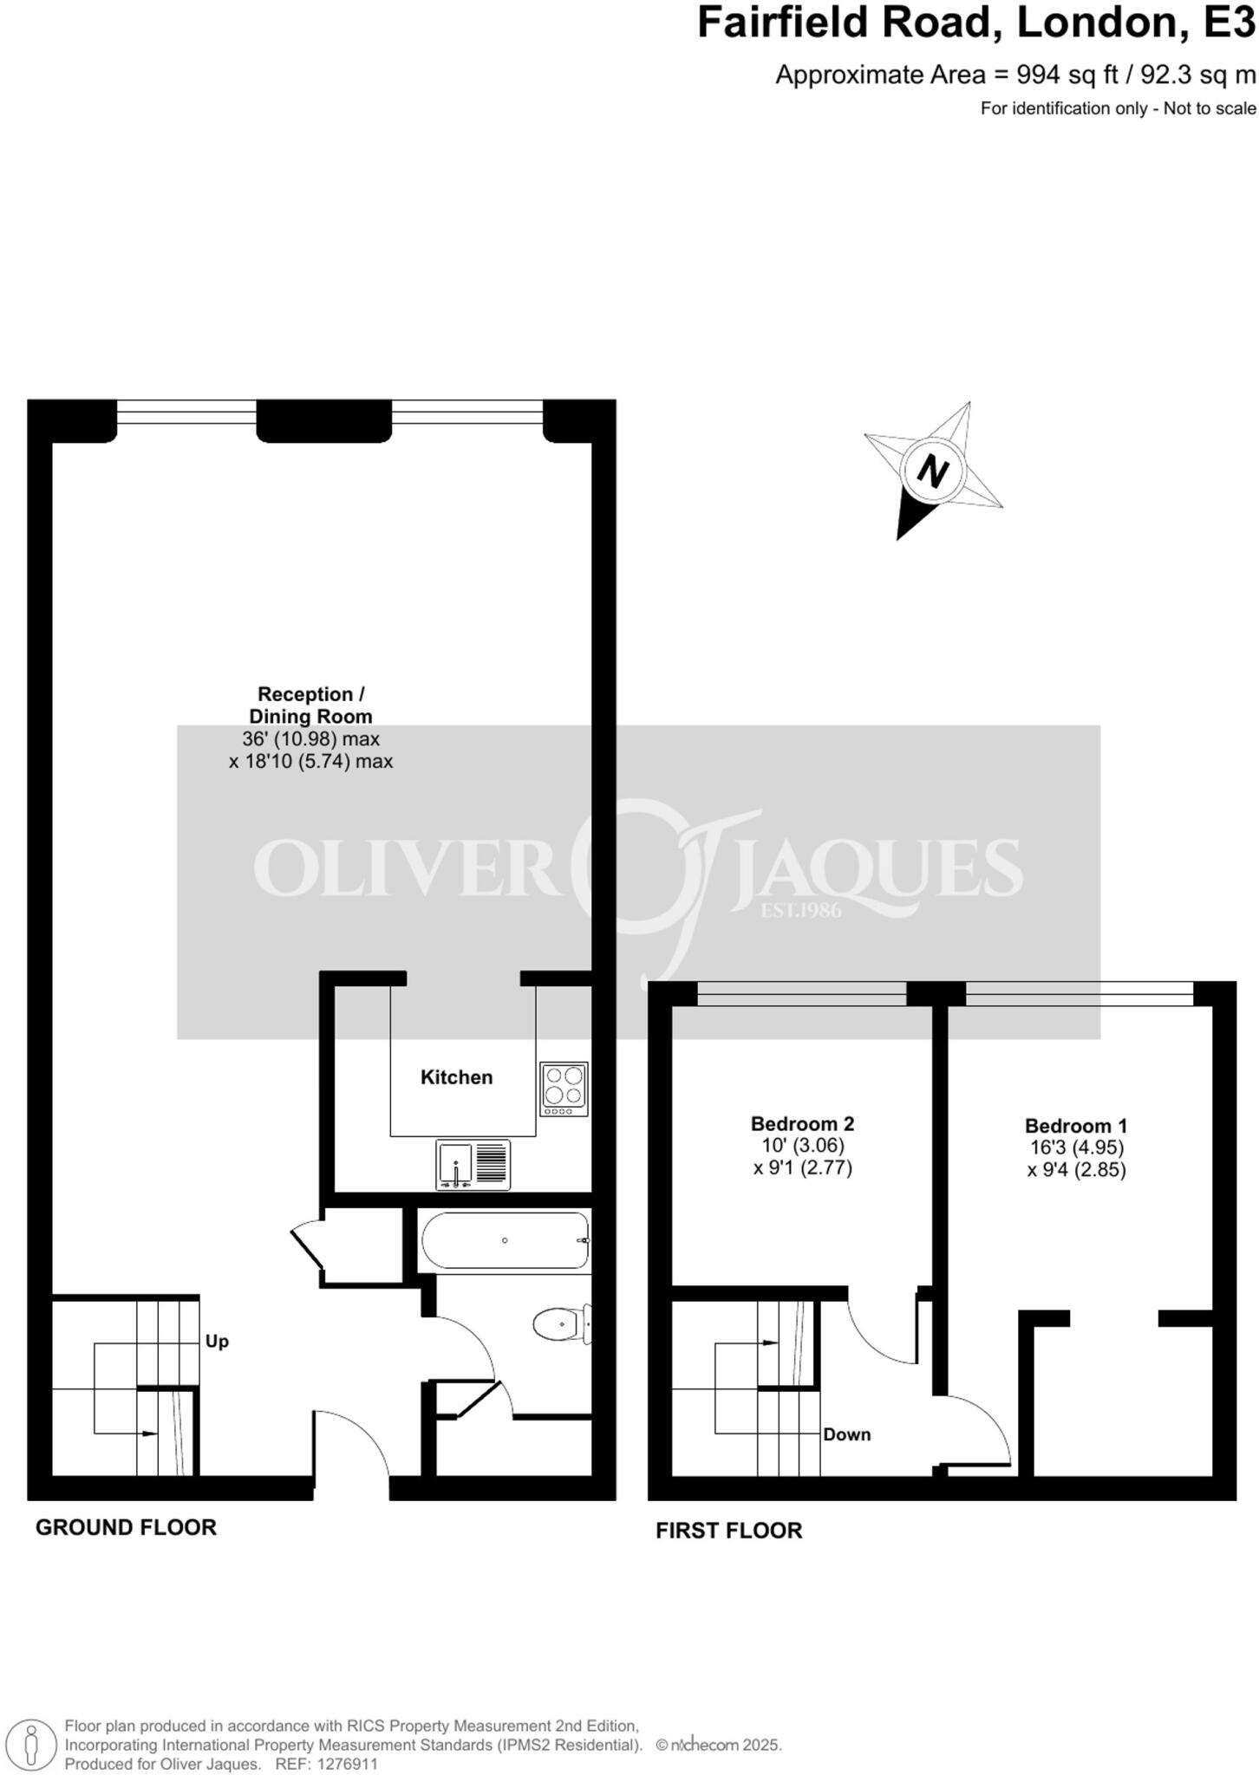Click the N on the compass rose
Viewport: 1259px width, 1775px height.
click(933, 472)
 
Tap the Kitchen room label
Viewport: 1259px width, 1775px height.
click(456, 1077)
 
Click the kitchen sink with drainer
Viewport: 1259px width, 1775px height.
click(473, 1165)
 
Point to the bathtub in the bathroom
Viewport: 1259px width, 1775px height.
click(506, 1240)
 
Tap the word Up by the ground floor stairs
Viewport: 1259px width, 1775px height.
click(217, 1342)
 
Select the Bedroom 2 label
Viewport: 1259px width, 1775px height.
click(802, 1124)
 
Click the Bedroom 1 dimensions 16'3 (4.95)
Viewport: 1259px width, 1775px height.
click(1075, 1148)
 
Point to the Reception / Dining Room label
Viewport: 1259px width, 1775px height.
click(310, 705)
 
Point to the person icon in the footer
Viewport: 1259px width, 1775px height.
click(32, 1744)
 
